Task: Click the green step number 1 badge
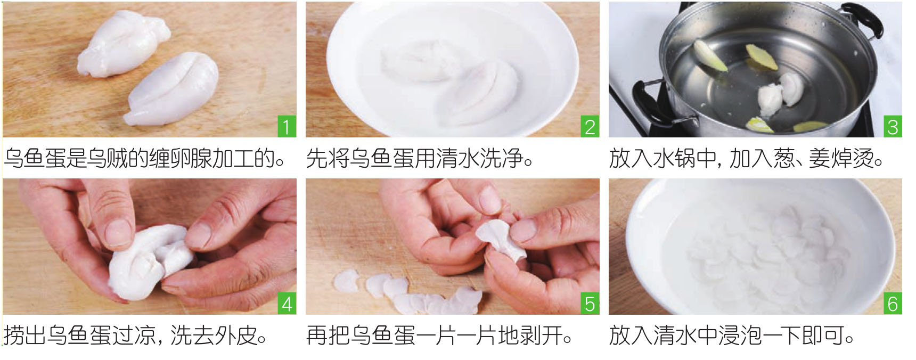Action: click(287, 127)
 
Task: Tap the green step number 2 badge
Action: click(590, 127)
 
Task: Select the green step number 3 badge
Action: click(893, 127)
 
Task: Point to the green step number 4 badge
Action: click(287, 304)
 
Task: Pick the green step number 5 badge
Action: click(590, 304)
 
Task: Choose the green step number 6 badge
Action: click(893, 304)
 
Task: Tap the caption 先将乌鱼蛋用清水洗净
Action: click(420, 158)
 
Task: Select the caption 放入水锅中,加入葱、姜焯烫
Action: click(746, 158)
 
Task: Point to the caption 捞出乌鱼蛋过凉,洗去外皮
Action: click(136, 336)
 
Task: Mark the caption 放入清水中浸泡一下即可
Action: click(732, 336)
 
